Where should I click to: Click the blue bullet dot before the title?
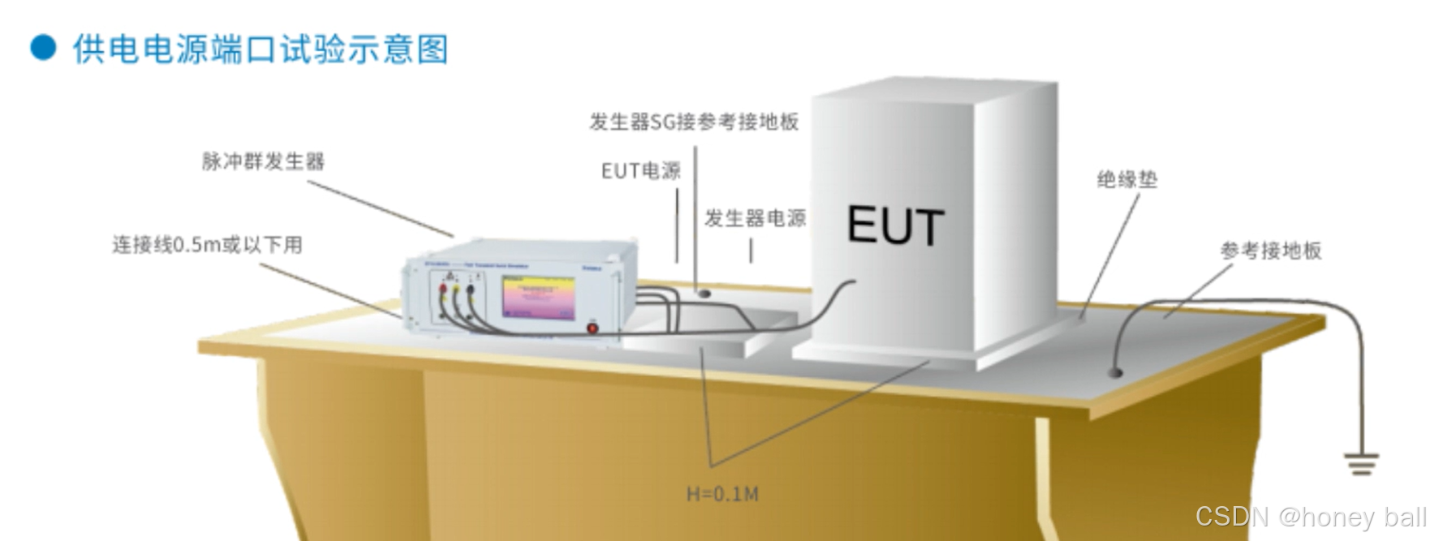point(43,47)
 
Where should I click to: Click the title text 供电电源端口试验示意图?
point(260,49)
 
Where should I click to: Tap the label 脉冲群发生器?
point(263,161)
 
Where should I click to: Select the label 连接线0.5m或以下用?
point(207,244)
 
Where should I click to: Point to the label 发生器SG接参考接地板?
point(694,122)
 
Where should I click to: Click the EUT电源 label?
point(640,171)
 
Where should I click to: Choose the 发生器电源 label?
point(755,218)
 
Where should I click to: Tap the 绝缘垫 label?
point(1126,179)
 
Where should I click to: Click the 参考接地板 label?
point(1271,251)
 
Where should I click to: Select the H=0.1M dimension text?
point(722,494)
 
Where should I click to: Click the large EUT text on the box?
point(896,225)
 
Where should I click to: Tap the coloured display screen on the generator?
point(538,298)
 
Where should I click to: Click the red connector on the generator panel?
point(443,288)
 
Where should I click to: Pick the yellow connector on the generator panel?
point(456,288)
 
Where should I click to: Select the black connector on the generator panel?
point(470,288)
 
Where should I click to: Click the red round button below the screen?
point(592,328)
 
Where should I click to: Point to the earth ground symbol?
point(1361,464)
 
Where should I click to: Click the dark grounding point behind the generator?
point(704,292)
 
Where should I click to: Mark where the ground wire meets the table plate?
point(1116,372)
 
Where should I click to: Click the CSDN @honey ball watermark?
point(1310,517)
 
